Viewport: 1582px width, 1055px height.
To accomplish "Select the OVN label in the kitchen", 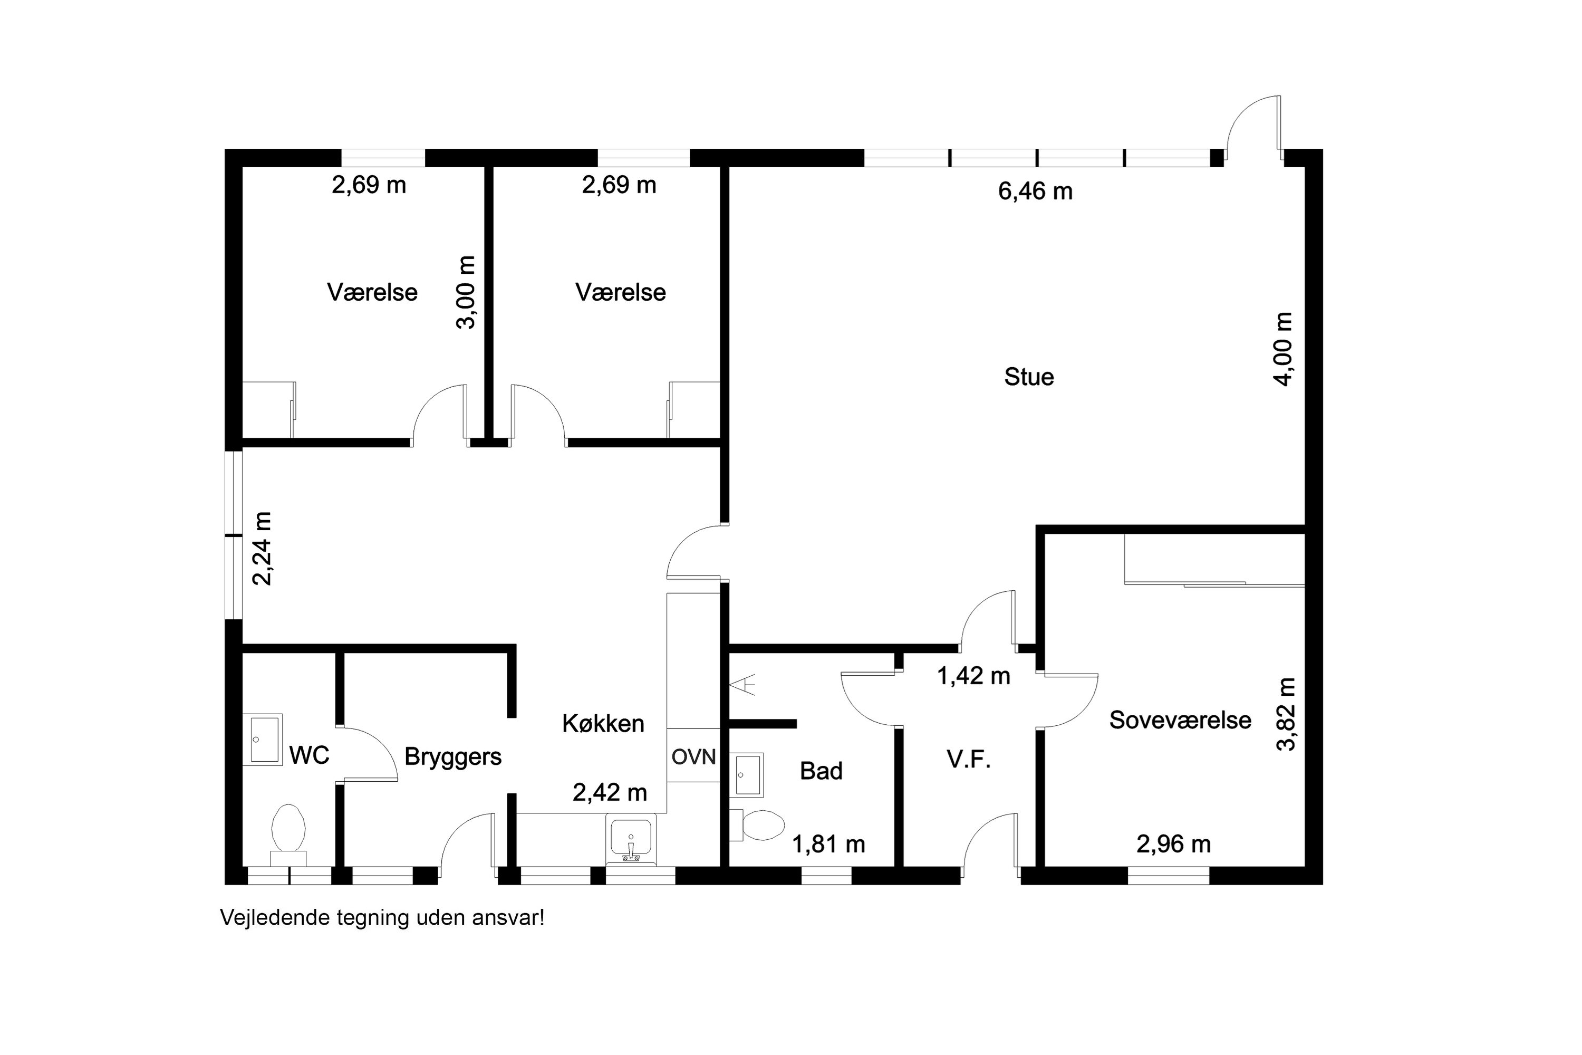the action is pos(693,757).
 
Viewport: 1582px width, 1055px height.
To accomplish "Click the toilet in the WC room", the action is pos(288,835).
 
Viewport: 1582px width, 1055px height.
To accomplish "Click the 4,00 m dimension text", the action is pos(1282,349).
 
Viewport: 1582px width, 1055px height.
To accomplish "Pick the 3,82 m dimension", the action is pos(1286,714).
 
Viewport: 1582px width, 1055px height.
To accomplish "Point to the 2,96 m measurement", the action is pos(1174,843).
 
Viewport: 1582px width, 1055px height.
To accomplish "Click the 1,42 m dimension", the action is pos(973,676).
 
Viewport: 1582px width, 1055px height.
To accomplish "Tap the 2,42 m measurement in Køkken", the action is pos(610,793).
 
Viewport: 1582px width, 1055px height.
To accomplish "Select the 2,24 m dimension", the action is pos(262,549).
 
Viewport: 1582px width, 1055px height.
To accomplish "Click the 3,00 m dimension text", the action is pos(466,292).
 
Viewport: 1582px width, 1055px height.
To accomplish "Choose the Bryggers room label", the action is pos(452,757).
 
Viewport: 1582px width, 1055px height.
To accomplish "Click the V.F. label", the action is pos(969,760).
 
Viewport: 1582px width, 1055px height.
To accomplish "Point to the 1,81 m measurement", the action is pos(828,843).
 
